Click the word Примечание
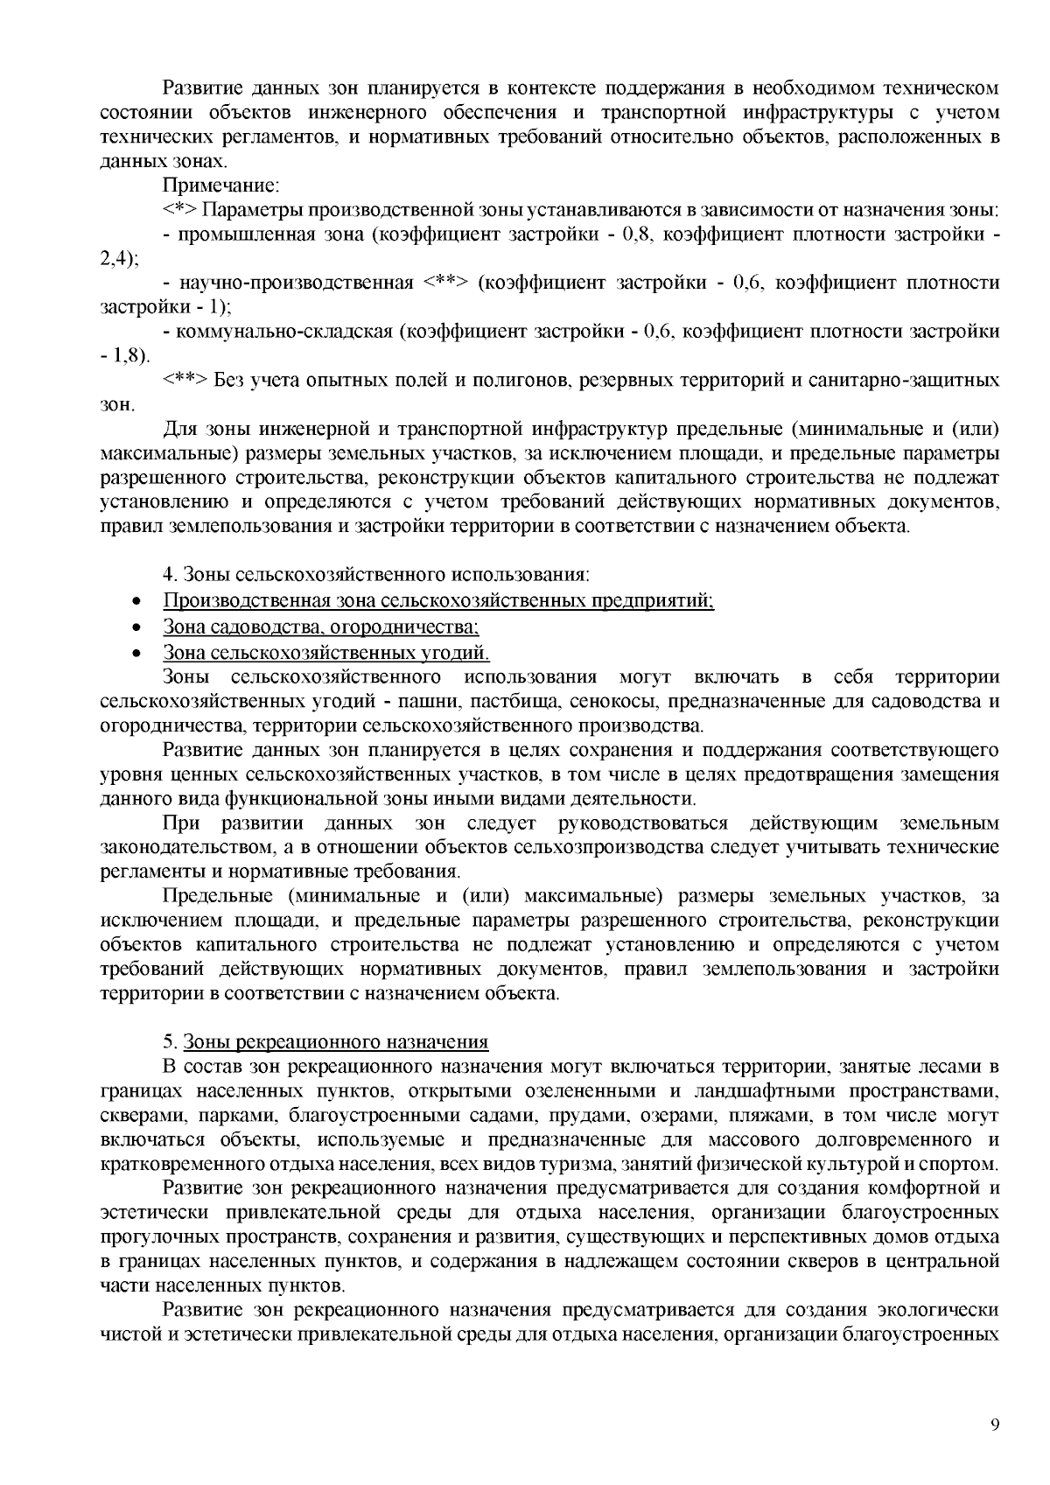[220, 186]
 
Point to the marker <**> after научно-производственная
[446, 283]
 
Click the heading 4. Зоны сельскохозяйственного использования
[376, 575]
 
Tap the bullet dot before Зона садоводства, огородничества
[136, 628]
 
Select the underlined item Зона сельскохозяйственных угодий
[325, 653]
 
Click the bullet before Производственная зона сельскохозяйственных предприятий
[136, 602]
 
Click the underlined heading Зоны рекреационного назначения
[335, 1042]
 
